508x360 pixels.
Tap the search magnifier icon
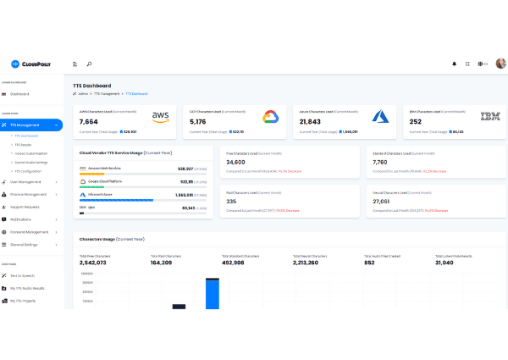89,64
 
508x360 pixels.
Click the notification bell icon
454,64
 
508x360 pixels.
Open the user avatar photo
500,64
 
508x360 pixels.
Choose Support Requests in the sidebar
25,207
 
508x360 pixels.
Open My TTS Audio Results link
28,288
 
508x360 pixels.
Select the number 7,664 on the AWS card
89,122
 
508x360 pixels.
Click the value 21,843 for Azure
311,122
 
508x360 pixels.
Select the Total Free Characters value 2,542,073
92,263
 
